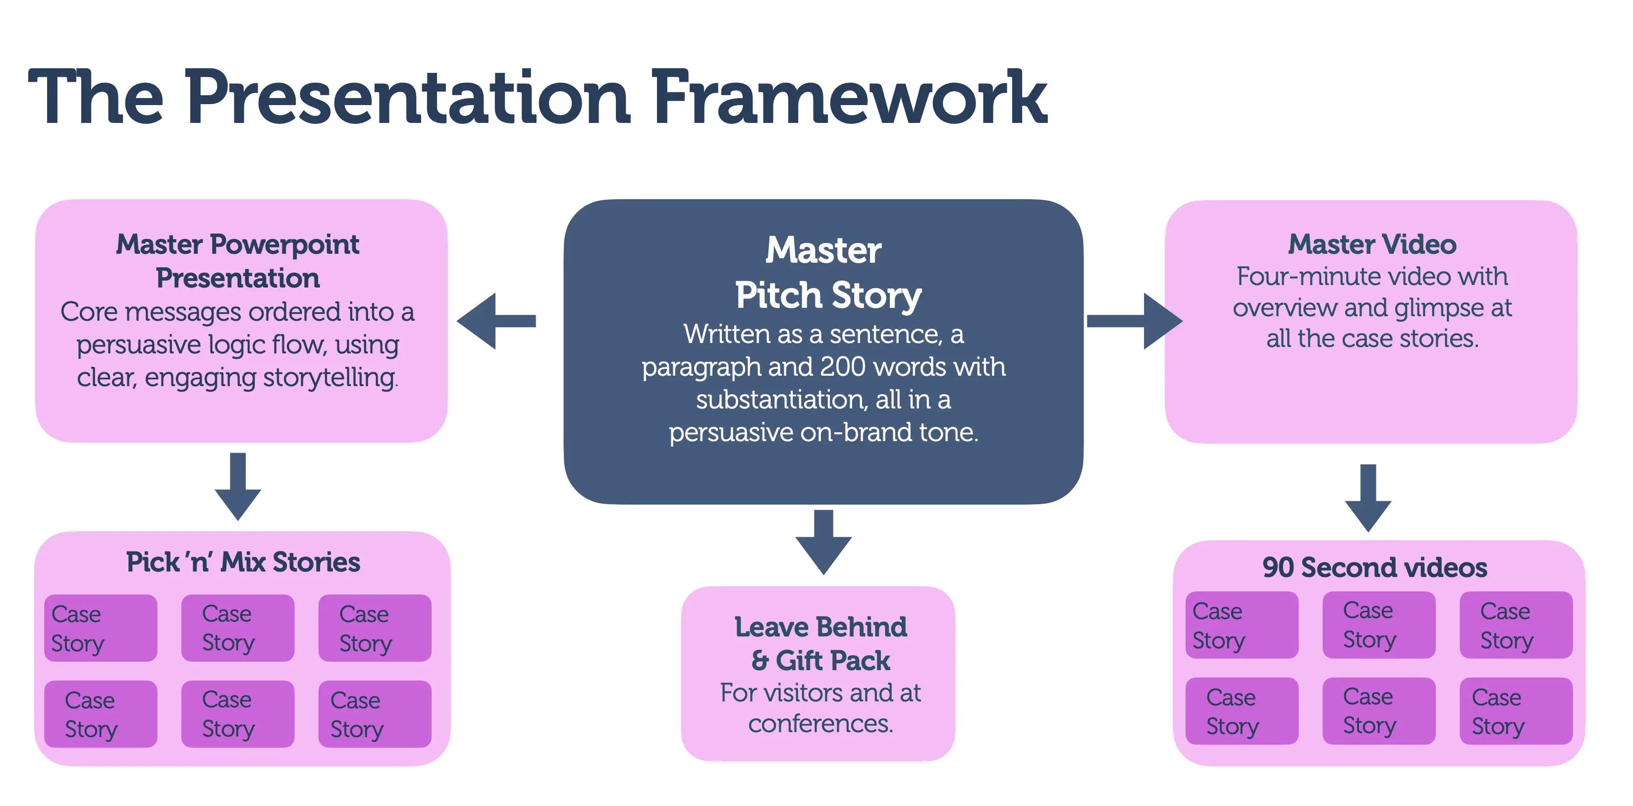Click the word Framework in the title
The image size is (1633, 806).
click(x=849, y=98)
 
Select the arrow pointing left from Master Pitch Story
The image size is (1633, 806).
click(x=495, y=321)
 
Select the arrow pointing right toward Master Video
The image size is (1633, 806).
click(x=1134, y=321)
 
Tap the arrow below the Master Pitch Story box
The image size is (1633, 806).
click(x=823, y=542)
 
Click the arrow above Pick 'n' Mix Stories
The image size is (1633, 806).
click(x=238, y=486)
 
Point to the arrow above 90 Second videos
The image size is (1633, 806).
click(x=1368, y=498)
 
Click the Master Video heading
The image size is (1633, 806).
click(x=1372, y=245)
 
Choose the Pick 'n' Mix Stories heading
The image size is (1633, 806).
click(x=243, y=562)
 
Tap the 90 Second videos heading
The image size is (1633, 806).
click(x=1374, y=567)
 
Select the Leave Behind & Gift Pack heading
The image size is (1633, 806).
click(x=820, y=643)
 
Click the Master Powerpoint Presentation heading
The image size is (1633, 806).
click(x=238, y=261)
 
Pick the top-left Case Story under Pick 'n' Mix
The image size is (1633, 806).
click(x=101, y=628)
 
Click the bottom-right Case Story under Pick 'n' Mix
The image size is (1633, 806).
click(x=375, y=714)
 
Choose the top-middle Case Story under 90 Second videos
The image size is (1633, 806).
click(x=1378, y=625)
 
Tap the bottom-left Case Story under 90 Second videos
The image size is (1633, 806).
click(x=1241, y=711)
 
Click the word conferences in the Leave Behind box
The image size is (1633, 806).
click(x=820, y=724)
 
